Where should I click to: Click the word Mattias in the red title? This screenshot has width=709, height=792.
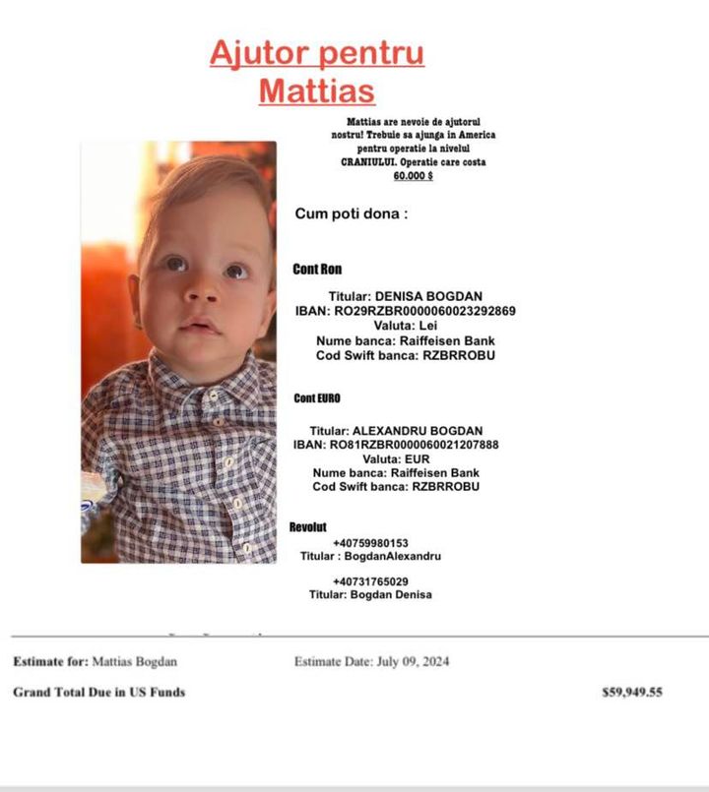click(x=316, y=91)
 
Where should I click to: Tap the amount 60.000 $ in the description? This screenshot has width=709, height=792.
click(x=414, y=176)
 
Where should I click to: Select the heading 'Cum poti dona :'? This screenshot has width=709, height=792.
click(x=351, y=213)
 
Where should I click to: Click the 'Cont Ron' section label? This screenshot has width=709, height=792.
click(x=317, y=269)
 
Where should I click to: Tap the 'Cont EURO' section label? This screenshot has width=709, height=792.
click(x=317, y=398)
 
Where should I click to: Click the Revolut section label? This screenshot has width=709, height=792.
click(x=307, y=527)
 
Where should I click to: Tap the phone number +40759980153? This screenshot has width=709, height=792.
click(x=370, y=542)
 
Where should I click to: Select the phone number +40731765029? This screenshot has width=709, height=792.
click(x=370, y=581)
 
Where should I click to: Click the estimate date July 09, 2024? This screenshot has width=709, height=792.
click(x=413, y=662)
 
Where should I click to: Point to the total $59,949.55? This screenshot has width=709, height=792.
click(x=632, y=693)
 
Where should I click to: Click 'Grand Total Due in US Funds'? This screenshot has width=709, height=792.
click(x=98, y=693)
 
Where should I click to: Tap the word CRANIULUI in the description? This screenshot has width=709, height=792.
click(x=368, y=161)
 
